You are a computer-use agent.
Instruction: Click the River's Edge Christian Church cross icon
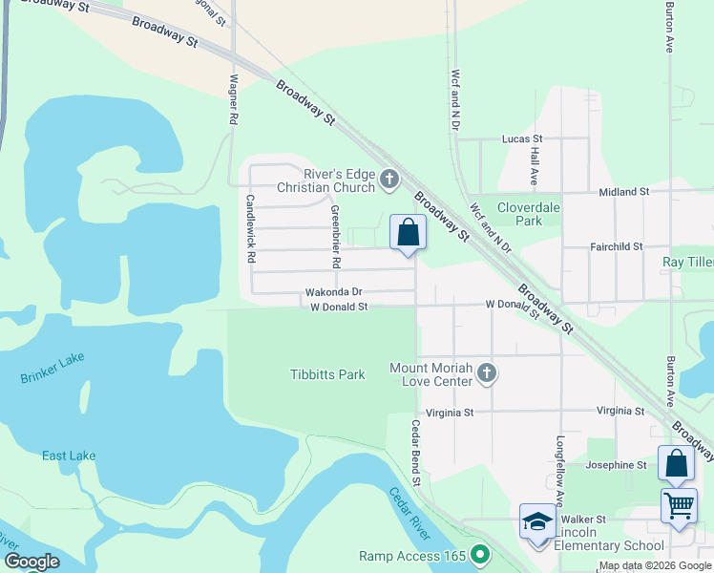click(x=388, y=178)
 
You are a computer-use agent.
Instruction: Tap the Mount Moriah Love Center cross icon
click(x=487, y=373)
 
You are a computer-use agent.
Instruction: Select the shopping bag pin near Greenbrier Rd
click(x=408, y=233)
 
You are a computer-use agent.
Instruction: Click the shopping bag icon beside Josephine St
click(x=676, y=464)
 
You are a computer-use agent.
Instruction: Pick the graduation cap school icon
click(x=537, y=523)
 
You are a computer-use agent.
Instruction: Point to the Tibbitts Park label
click(x=327, y=374)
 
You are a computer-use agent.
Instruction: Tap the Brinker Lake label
click(x=52, y=368)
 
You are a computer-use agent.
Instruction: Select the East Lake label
click(x=69, y=456)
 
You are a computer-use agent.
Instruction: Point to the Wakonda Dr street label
click(x=333, y=292)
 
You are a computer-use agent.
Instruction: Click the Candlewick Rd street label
click(x=250, y=229)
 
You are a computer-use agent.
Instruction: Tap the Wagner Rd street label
click(x=232, y=101)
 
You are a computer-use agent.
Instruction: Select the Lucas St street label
click(x=522, y=138)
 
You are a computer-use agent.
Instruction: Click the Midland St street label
click(x=623, y=192)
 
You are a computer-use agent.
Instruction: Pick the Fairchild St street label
click(x=617, y=246)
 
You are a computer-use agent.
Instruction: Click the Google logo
click(x=31, y=562)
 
